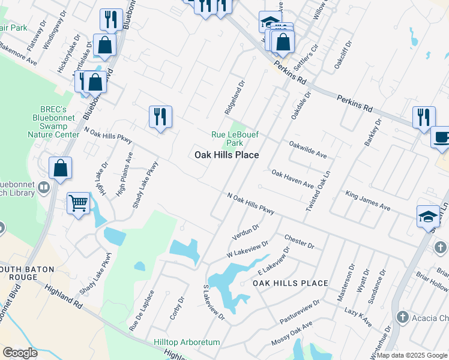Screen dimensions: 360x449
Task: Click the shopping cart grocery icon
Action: [x=79, y=205]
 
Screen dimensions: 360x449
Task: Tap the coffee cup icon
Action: [x=441, y=137]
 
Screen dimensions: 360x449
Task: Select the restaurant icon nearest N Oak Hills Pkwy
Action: [x=160, y=116]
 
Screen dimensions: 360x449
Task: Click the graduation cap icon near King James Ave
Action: [x=429, y=215]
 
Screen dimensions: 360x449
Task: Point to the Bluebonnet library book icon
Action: [x=43, y=188]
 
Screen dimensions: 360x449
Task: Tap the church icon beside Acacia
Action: [x=404, y=316]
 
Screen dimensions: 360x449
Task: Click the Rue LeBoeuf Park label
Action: [x=227, y=139]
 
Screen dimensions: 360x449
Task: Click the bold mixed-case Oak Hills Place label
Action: [x=226, y=155]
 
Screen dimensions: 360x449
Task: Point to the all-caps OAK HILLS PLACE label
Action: [x=290, y=283]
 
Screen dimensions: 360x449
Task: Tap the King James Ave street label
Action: [x=367, y=200]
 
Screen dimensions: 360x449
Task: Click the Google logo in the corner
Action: [x=20, y=353]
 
